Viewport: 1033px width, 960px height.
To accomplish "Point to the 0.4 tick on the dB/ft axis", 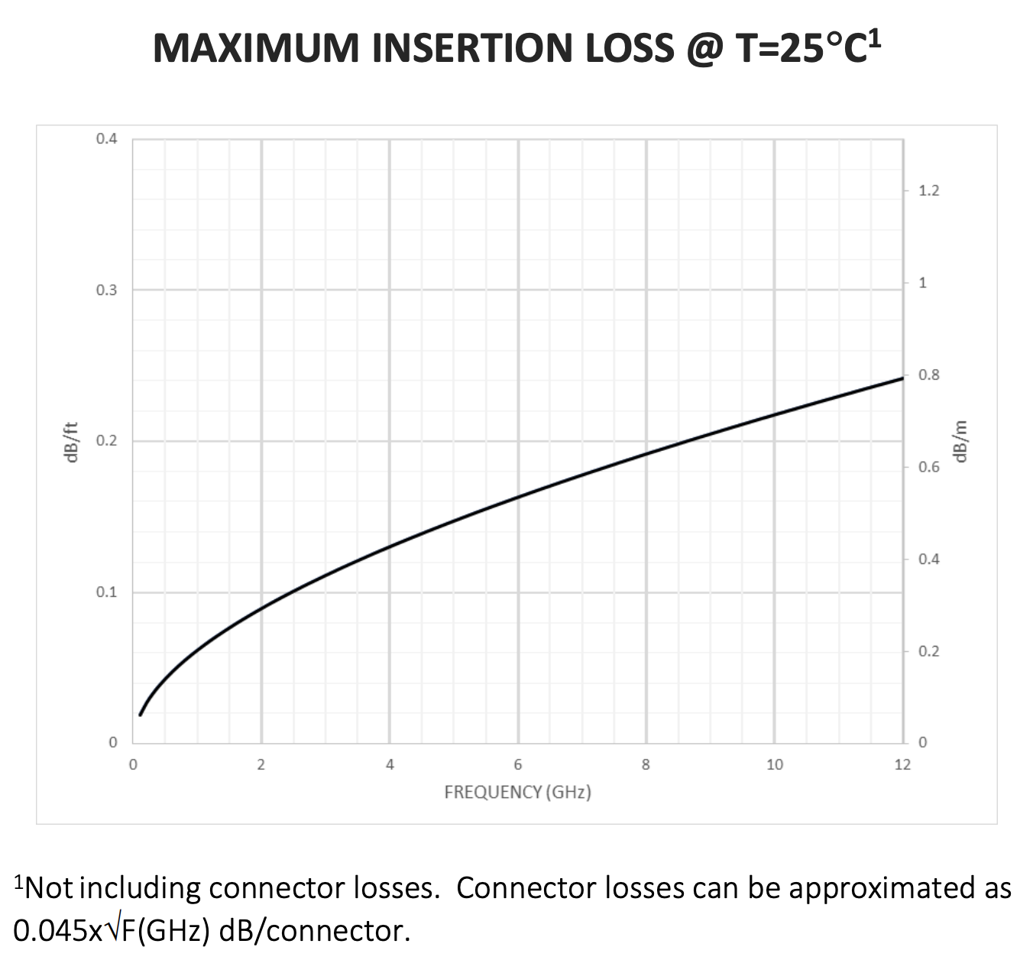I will click(x=107, y=139).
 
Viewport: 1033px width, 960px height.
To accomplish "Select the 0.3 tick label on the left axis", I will click(x=107, y=290).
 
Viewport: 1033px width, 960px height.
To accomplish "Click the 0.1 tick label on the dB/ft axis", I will click(x=107, y=592).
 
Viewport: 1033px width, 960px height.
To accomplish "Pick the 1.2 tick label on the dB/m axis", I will click(x=928, y=191).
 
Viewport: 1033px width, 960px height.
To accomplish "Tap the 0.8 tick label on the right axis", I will click(x=928, y=375).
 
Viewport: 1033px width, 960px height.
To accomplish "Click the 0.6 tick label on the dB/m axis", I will click(x=928, y=467).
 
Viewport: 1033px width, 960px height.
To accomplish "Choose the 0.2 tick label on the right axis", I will click(x=928, y=651).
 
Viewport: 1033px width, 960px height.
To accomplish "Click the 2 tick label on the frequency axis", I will click(x=261, y=764).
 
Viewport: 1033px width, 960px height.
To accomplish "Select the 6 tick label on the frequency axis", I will click(x=518, y=764).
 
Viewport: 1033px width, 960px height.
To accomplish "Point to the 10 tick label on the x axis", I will click(x=775, y=764).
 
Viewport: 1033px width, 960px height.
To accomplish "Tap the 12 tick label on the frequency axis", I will click(x=902, y=764).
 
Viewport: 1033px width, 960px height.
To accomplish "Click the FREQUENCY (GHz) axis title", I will click(x=517, y=792).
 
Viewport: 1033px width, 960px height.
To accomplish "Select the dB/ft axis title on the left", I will click(x=71, y=441).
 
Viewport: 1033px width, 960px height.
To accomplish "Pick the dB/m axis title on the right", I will click(x=960, y=441).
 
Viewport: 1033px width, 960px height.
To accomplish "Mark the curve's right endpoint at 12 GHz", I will click(x=902, y=378).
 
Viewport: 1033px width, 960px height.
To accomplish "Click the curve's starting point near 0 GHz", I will click(x=140, y=715).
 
